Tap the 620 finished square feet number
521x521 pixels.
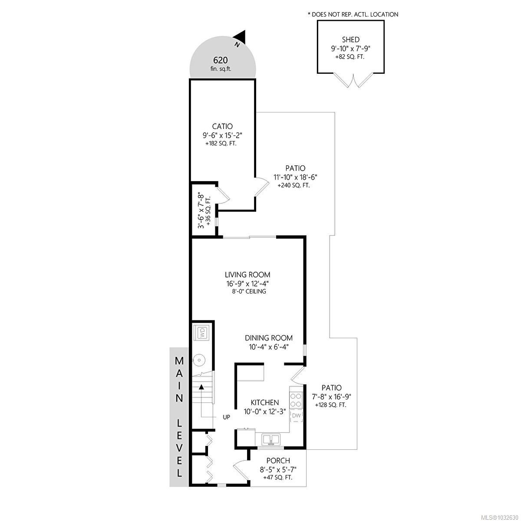coord(220,60)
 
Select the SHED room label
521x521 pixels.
coord(350,40)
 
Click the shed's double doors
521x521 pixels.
coord(355,81)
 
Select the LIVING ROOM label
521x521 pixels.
coord(247,275)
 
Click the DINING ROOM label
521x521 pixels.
coord(268,338)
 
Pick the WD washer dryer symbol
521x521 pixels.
coord(202,333)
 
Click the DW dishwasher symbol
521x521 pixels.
coord(296,416)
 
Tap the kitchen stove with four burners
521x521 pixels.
coord(296,399)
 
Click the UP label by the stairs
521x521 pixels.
coord(226,417)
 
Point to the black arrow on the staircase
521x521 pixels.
coord(201,386)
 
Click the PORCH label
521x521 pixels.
coord(278,461)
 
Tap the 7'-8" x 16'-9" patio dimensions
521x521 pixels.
coord(331,396)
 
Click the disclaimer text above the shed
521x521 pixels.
coord(352,14)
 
